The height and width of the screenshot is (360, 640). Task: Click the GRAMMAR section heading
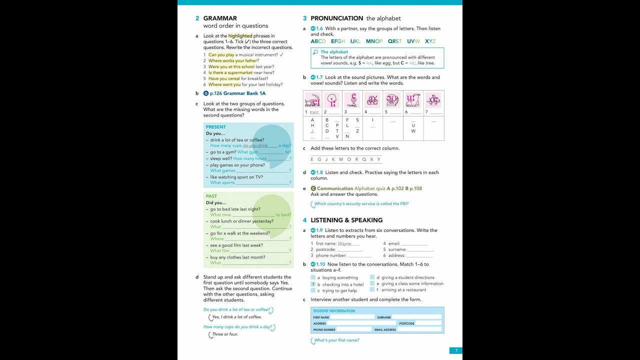tap(219, 18)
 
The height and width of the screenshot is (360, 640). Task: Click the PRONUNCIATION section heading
tap(336, 18)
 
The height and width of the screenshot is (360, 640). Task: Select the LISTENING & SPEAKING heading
tap(346, 220)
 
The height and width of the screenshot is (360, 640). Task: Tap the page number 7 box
tap(456, 350)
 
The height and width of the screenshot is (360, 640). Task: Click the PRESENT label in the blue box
tap(215, 127)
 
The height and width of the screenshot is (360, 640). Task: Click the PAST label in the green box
tap(211, 196)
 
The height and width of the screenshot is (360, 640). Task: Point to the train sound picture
tap(312, 100)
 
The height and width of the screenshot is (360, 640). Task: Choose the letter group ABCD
tap(318, 41)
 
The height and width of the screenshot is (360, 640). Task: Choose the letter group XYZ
tap(430, 41)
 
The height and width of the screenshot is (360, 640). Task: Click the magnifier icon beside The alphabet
tap(315, 52)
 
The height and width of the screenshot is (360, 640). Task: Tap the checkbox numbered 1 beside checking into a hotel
tap(313, 284)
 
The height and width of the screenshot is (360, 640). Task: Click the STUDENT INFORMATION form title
tap(334, 311)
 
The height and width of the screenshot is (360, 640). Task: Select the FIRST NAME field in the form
tap(352, 317)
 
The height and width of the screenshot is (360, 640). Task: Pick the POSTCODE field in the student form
tap(428, 323)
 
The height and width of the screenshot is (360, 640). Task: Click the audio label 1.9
tap(316, 230)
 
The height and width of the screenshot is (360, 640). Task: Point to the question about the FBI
tap(361, 204)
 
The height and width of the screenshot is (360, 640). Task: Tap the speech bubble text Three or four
tap(225, 334)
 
